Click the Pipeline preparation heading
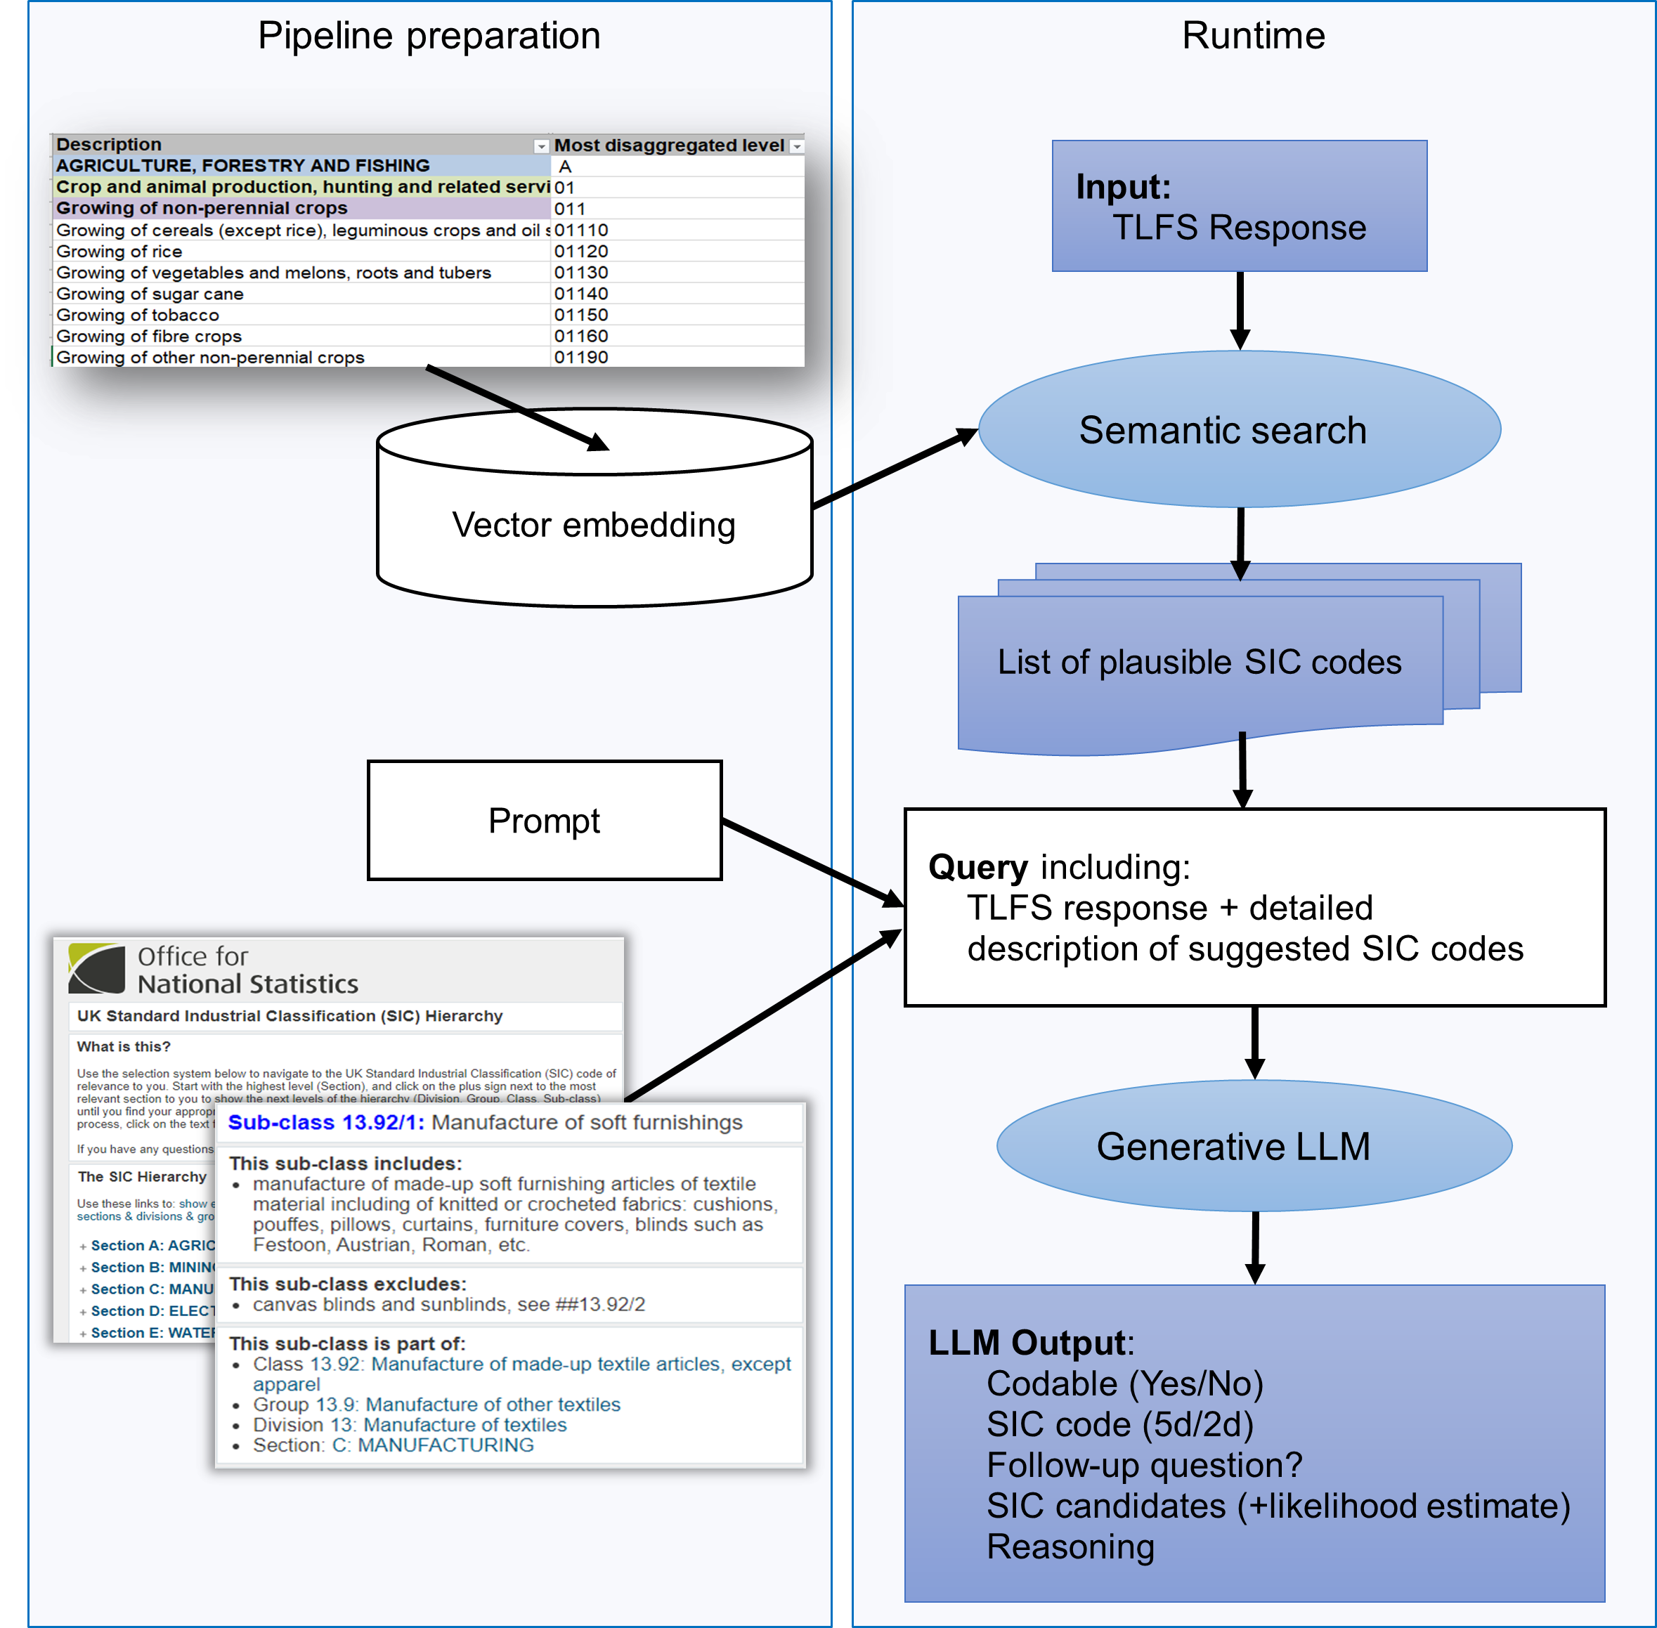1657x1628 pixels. point(429,36)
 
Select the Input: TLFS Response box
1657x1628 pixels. point(1239,206)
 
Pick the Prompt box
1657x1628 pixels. point(544,821)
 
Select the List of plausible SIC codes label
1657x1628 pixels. point(1199,663)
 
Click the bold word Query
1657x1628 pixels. point(977,867)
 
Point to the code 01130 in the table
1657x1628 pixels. point(580,273)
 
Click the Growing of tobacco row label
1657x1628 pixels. point(138,315)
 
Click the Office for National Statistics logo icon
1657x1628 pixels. point(96,969)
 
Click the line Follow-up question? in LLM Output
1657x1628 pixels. point(1144,1466)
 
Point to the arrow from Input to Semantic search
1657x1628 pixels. point(1240,310)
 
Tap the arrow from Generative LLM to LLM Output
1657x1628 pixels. point(1254,1246)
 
